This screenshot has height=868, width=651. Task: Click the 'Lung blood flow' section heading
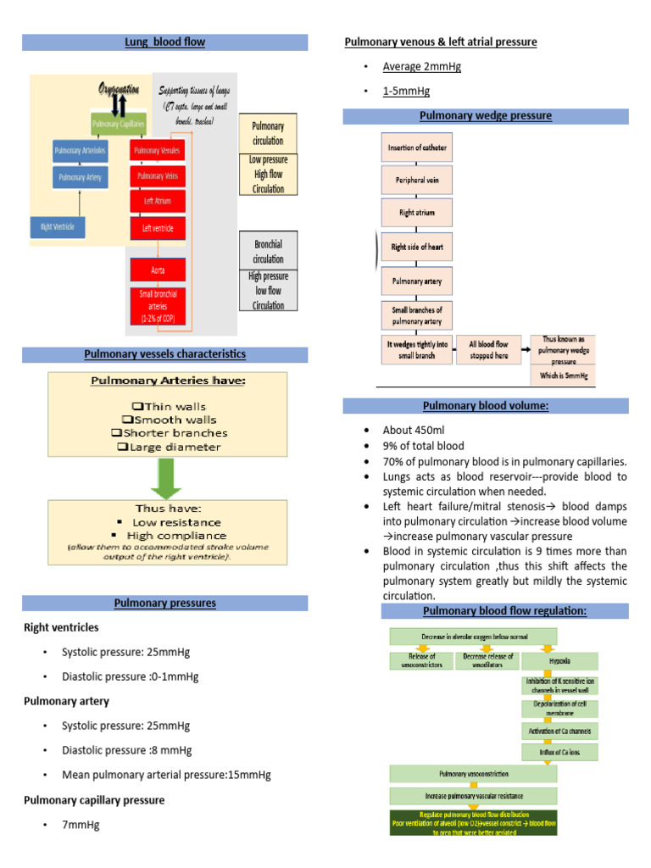pyautogui.click(x=165, y=42)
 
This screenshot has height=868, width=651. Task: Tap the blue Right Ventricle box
pyautogui.click(x=57, y=226)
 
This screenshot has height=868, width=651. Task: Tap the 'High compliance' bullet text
pyautogui.click(x=176, y=536)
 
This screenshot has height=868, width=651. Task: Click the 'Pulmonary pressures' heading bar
pyautogui.click(x=165, y=604)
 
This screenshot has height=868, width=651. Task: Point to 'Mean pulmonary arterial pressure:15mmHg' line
pyautogui.click(x=166, y=775)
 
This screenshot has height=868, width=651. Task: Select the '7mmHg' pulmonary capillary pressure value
pyautogui.click(x=81, y=825)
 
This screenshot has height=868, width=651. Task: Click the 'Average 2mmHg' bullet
pyautogui.click(x=422, y=67)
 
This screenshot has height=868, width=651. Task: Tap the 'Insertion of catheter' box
pyautogui.click(x=417, y=147)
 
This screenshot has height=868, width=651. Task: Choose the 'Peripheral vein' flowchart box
pyautogui.click(x=417, y=181)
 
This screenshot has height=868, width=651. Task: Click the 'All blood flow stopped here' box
pyautogui.click(x=488, y=350)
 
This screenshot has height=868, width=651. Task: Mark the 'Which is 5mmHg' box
pyautogui.click(x=563, y=374)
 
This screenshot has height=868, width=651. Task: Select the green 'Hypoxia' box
pyautogui.click(x=559, y=661)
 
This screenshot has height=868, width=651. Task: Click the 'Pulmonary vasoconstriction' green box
pyautogui.click(x=474, y=774)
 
